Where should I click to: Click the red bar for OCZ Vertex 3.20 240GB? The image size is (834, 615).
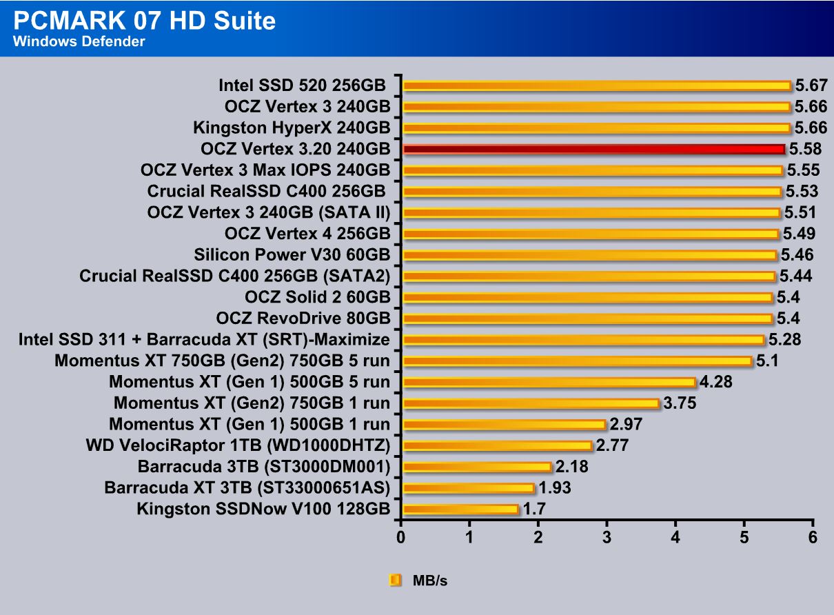[x=593, y=149]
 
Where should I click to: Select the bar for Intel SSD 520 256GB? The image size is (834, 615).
[x=596, y=85]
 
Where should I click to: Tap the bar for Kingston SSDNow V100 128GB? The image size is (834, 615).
[x=460, y=510]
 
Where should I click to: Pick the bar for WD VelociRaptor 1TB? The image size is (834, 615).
[x=497, y=446]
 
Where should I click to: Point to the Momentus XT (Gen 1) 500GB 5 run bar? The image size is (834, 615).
[x=549, y=382]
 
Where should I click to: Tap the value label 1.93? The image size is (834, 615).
[x=551, y=488]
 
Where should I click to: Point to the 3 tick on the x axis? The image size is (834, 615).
[x=607, y=537]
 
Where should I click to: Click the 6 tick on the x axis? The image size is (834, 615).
[x=813, y=537]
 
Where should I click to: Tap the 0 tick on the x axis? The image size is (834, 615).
[x=401, y=537]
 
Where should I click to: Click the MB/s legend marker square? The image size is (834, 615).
[x=396, y=581]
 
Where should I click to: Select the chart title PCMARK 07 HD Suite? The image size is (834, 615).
[x=144, y=21]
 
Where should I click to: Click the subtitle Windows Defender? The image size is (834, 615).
[x=79, y=42]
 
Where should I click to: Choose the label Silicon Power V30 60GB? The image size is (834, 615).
[x=292, y=255]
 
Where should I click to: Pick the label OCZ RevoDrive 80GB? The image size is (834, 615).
[x=303, y=319]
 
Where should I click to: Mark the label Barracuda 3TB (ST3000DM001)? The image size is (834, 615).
[x=264, y=467]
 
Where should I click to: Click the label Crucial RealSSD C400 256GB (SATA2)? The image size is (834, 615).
[x=235, y=276]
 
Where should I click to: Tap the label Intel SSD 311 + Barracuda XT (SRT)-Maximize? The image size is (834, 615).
[x=204, y=340]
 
